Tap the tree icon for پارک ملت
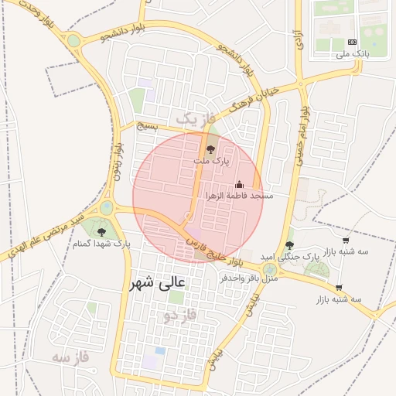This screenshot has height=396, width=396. [211, 147]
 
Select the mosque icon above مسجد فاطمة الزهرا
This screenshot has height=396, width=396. [239, 184]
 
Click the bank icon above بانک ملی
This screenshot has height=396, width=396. [353, 42]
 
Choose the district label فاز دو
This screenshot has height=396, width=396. [180, 316]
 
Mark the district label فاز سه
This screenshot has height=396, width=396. [71, 357]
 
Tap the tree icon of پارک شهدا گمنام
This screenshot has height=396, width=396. [101, 230]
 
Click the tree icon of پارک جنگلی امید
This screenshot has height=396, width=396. [289, 244]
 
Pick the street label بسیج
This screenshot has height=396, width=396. [146, 125]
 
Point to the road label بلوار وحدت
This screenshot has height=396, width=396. [28, 16]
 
